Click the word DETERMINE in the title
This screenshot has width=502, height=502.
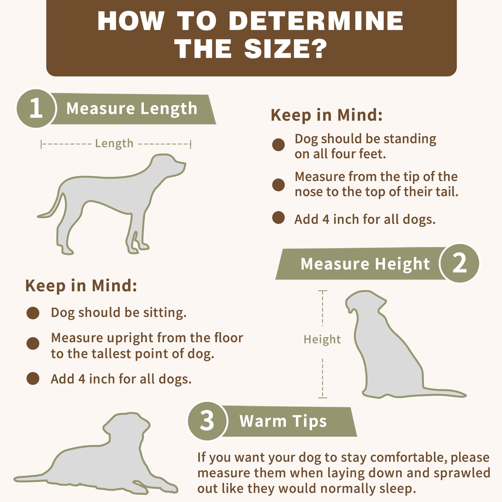[316, 21]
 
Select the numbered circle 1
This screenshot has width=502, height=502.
[36, 108]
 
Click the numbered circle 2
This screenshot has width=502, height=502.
[460, 263]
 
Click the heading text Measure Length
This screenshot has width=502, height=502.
[132, 108]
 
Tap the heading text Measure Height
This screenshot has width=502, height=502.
[365, 264]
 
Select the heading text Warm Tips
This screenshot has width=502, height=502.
[283, 421]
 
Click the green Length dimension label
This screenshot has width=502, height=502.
[114, 143]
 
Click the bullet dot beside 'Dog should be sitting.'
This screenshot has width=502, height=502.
[33, 313]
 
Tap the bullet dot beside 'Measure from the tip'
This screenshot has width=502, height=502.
[278, 185]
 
